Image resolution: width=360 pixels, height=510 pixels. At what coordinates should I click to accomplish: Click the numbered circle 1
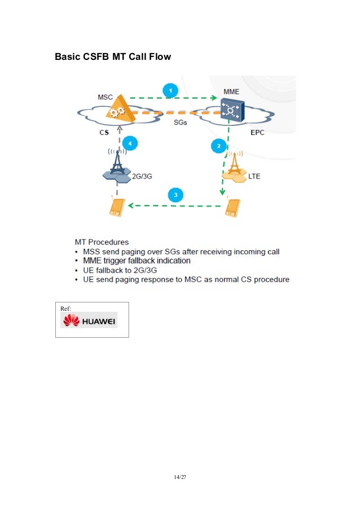pyautogui.click(x=170, y=89)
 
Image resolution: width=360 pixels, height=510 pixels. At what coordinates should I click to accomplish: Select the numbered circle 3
pyautogui.click(x=176, y=195)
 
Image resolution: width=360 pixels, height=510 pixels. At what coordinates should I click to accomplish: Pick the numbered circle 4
pyautogui.click(x=130, y=143)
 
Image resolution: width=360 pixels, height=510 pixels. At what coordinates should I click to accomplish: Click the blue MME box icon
pyautogui.click(x=231, y=110)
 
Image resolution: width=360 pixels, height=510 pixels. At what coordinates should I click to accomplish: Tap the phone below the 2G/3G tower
pyautogui.click(x=116, y=207)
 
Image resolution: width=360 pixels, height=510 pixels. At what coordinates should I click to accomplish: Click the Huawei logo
pyautogui.click(x=89, y=320)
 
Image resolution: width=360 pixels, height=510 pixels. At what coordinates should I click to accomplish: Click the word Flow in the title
pyautogui.click(x=159, y=57)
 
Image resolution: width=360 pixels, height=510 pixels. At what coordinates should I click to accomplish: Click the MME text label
pyautogui.click(x=231, y=91)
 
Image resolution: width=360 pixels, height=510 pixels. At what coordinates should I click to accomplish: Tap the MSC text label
pyautogui.click(x=106, y=97)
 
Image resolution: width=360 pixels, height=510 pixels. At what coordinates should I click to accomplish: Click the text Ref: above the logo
pyautogui.click(x=66, y=308)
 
